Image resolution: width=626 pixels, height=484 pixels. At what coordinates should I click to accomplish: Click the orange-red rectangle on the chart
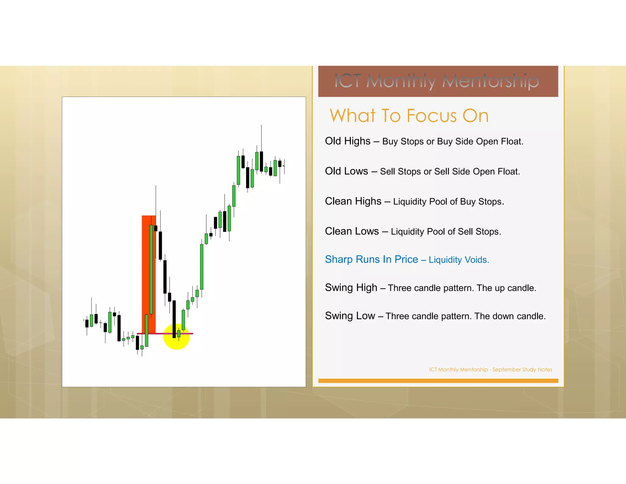(x=146, y=269)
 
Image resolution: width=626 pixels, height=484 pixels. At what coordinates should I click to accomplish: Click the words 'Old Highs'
(x=348, y=141)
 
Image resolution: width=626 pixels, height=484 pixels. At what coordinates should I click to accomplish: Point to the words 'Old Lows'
(x=346, y=171)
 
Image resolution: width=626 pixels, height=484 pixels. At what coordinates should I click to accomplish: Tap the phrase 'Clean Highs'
(x=353, y=201)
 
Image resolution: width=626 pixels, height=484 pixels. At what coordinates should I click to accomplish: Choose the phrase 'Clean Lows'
(x=352, y=231)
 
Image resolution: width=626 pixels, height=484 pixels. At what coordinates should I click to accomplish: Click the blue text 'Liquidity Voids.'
(x=458, y=260)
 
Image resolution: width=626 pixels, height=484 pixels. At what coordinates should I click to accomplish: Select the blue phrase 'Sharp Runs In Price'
(x=371, y=259)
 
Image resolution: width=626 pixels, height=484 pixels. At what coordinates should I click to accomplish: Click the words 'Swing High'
(x=351, y=288)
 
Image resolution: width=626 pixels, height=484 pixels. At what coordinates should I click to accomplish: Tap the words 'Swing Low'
(x=350, y=316)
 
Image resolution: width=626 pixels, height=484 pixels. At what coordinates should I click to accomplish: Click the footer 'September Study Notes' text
(x=522, y=370)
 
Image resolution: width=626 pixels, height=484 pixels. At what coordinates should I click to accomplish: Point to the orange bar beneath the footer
(x=438, y=381)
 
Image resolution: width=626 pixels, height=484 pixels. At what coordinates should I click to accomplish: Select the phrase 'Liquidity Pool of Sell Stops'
(x=445, y=232)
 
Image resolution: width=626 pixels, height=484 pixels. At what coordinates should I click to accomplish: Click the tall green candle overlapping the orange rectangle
(x=151, y=269)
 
